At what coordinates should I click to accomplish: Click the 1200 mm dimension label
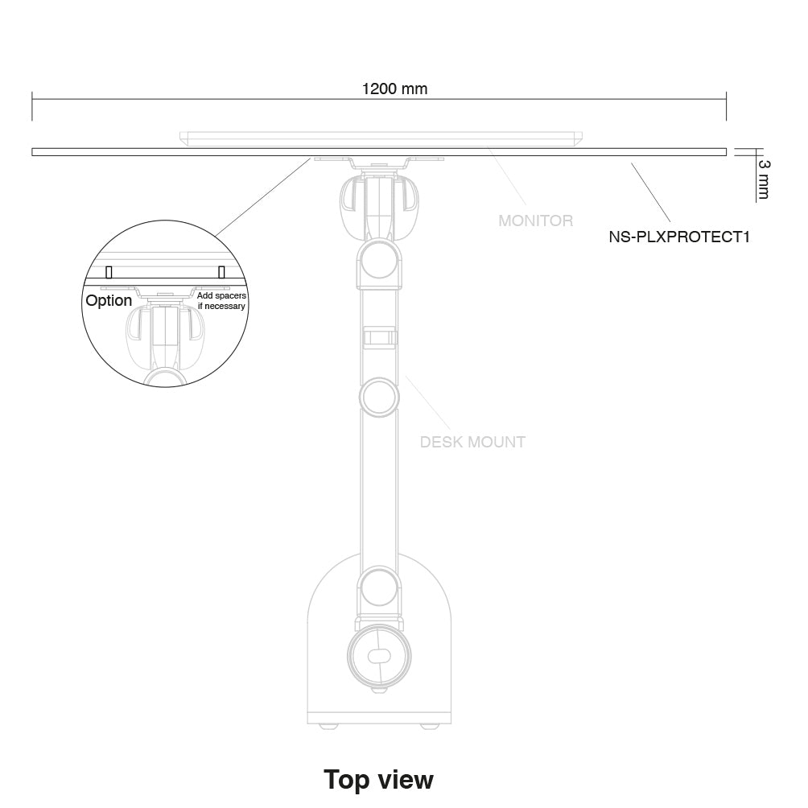[394, 89]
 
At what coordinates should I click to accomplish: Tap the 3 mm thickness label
[764, 179]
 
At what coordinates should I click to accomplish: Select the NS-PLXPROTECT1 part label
[679, 237]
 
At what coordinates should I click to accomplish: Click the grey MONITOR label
[535, 221]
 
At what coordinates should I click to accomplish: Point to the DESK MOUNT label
[472, 442]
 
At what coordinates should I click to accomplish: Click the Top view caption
[379, 779]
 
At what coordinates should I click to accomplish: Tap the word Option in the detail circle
[109, 300]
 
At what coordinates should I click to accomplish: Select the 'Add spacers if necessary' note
[221, 301]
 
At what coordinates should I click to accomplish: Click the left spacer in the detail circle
[109, 271]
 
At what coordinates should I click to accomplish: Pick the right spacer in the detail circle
[221, 271]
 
